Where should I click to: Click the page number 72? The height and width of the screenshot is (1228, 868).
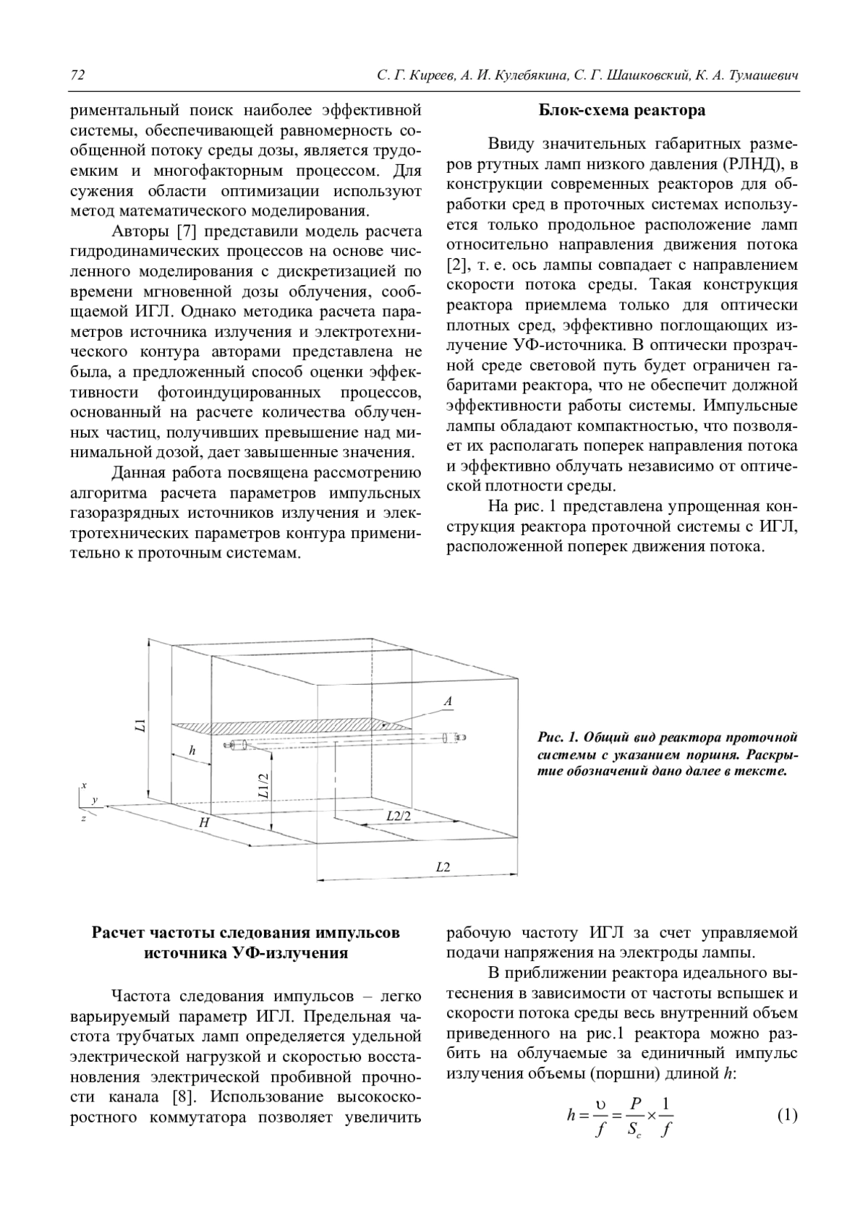click(77, 76)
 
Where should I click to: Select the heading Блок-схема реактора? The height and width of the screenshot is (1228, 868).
click(621, 111)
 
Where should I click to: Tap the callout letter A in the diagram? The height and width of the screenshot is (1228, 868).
click(448, 701)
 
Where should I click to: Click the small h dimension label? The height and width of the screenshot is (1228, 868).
click(192, 751)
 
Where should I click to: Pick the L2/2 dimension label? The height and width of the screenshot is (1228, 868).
click(398, 816)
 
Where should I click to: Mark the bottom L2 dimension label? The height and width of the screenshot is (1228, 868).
click(443, 866)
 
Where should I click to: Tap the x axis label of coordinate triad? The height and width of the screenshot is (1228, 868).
click(84, 785)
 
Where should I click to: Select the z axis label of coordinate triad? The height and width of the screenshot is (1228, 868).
click(83, 818)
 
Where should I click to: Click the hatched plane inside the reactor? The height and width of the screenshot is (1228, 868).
click(289, 728)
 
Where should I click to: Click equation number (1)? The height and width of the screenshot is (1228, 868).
click(787, 1115)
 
